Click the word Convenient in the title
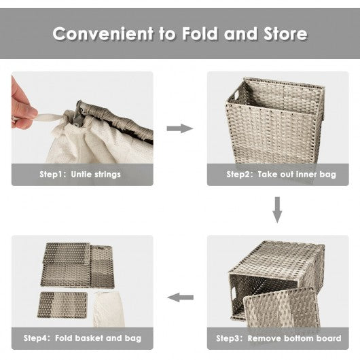[103, 33]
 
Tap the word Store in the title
[285, 34]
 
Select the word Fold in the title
[200, 33]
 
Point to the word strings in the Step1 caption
[108, 175]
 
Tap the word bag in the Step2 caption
[328, 175]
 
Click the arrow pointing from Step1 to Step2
[180, 128]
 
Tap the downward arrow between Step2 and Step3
[277, 210]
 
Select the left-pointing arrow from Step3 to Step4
[180, 298]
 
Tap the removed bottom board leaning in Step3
[282, 308]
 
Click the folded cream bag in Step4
[109, 310]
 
